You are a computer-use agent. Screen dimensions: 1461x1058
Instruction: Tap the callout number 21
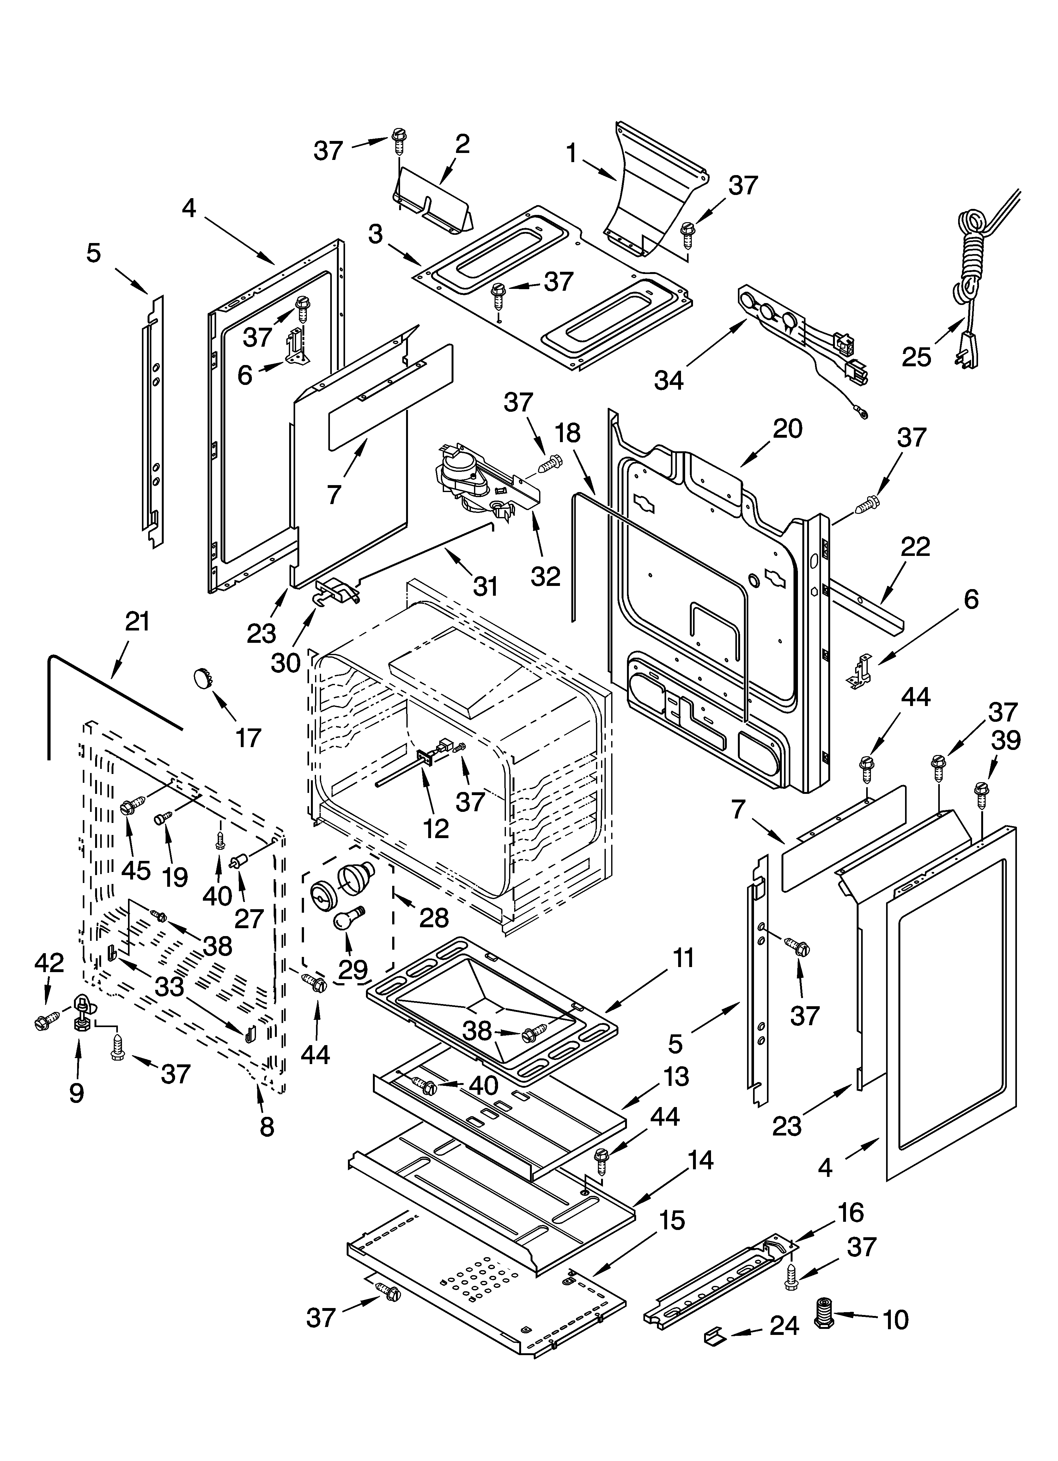pyautogui.click(x=137, y=622)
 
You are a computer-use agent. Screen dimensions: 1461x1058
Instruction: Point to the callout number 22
pyautogui.click(x=915, y=547)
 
